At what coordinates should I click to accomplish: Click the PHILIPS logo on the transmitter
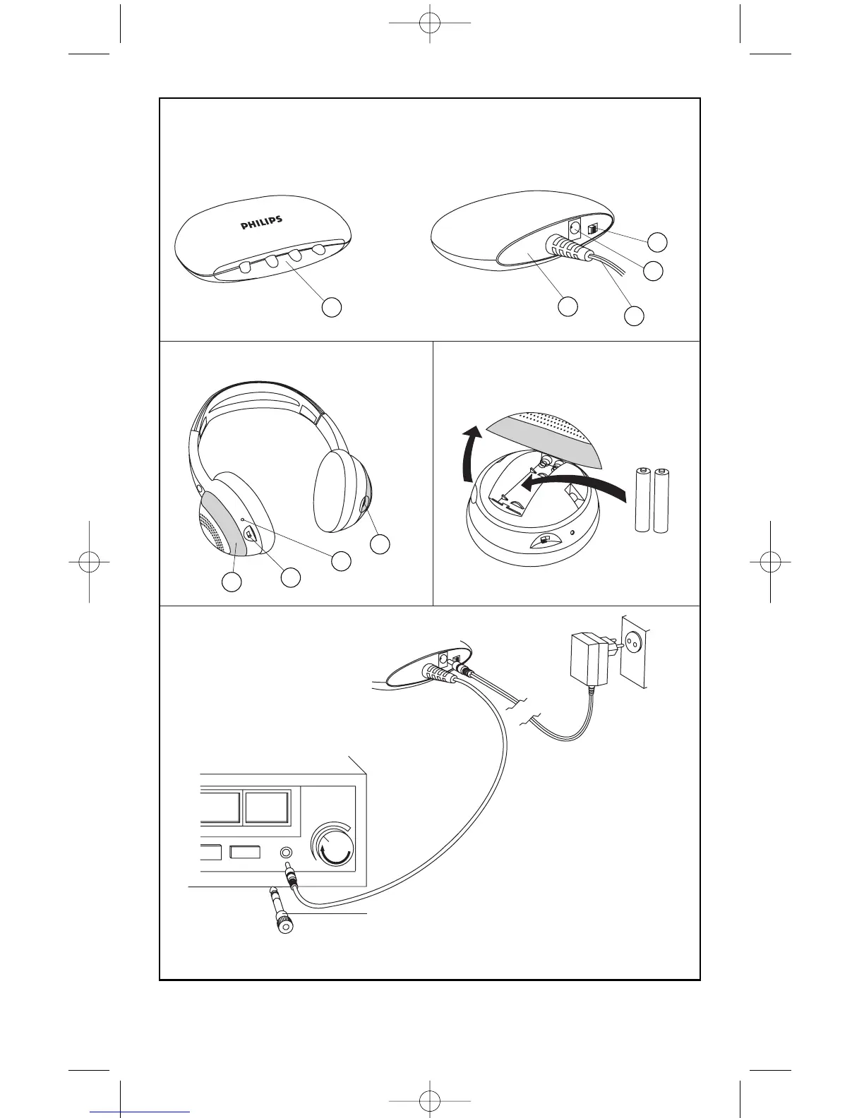click(262, 223)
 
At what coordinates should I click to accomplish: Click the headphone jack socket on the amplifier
click(286, 852)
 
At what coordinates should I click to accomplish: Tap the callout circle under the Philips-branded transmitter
click(332, 307)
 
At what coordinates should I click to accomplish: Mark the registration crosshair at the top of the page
click(430, 23)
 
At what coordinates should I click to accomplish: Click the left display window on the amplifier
click(220, 807)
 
